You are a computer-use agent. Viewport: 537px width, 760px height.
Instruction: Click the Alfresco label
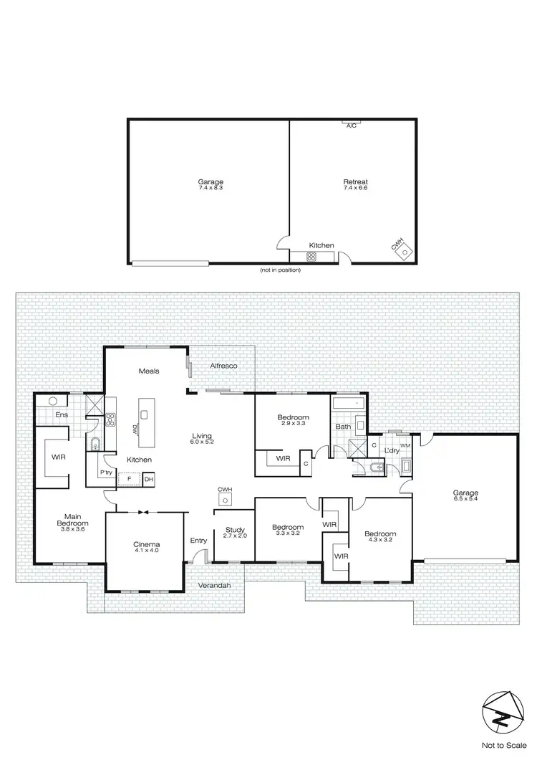click(223, 366)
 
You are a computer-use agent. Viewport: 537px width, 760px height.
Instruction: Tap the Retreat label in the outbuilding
click(354, 182)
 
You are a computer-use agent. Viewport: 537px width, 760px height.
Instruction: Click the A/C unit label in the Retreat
click(351, 126)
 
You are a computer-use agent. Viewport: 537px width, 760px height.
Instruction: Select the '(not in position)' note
click(280, 270)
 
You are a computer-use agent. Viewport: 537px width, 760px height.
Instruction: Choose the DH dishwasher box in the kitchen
click(149, 479)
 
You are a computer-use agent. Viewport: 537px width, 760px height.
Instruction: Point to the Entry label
click(198, 541)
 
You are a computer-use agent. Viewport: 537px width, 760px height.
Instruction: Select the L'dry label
click(390, 450)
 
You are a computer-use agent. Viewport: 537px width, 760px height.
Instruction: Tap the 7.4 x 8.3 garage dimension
click(211, 188)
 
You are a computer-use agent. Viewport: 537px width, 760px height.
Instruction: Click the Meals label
click(149, 371)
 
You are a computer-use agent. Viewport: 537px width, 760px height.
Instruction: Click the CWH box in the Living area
click(226, 495)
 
